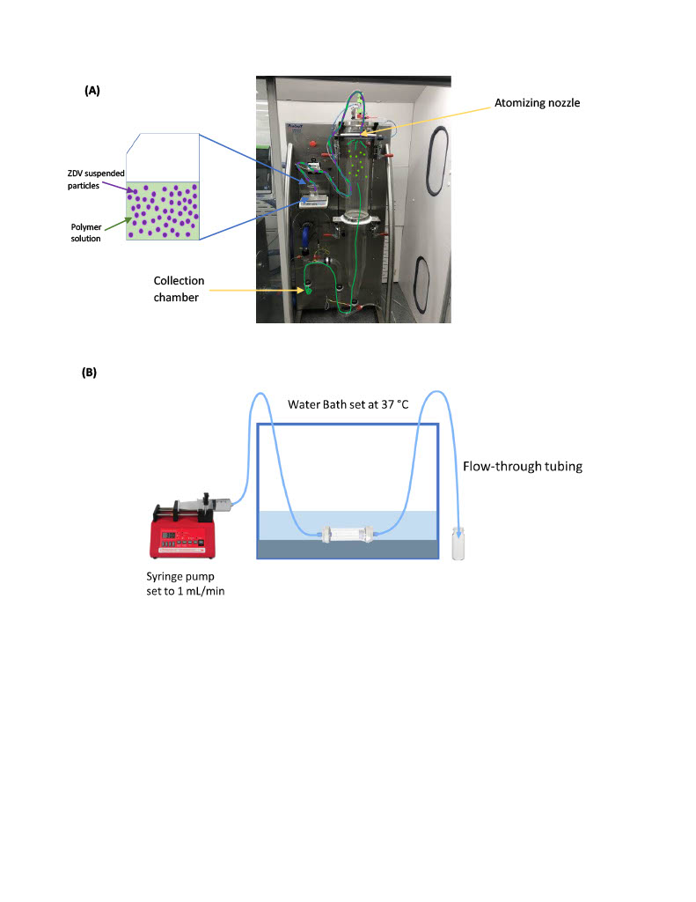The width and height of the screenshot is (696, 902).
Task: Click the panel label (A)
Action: point(92,91)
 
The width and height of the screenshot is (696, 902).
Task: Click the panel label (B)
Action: point(89,373)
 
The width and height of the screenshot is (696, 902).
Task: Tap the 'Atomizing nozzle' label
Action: point(537,103)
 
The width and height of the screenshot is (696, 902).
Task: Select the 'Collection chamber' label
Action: point(178,289)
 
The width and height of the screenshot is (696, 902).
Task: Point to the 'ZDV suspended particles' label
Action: point(95,180)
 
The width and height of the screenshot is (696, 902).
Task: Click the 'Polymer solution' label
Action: point(85,233)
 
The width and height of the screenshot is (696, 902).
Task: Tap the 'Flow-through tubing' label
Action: point(523,467)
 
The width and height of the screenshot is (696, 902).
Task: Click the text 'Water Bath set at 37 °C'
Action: point(348,404)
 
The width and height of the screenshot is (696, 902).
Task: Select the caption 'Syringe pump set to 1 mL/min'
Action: point(185,583)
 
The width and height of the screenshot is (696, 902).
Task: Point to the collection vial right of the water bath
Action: point(458,543)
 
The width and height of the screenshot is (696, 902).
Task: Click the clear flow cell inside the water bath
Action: point(348,535)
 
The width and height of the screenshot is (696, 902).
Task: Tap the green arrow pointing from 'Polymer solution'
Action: point(118,225)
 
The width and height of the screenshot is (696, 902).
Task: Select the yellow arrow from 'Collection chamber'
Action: point(256,291)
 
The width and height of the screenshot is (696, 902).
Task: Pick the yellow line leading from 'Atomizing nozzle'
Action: point(425,120)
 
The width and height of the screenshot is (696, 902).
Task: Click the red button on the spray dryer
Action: point(312,144)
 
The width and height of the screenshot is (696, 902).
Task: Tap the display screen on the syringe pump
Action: point(169,536)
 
